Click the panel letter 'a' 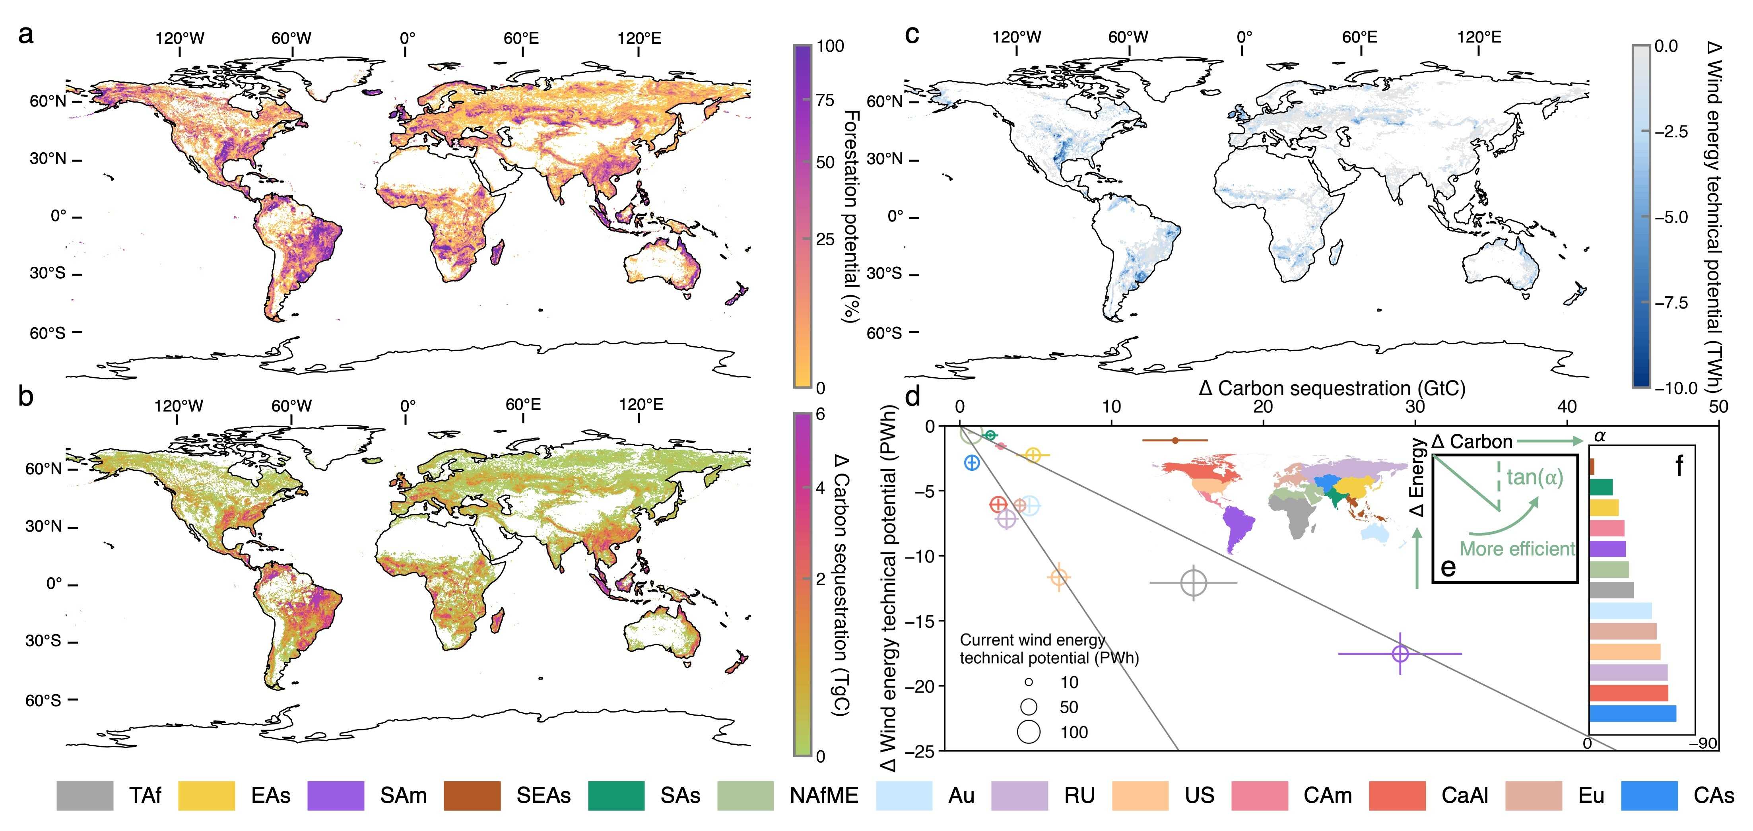coord(26,34)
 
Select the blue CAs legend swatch coord(1650,796)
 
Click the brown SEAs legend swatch coord(472,796)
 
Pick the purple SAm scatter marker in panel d coord(1400,653)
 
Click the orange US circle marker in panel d coord(1058,577)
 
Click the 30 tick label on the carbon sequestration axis coord(1415,407)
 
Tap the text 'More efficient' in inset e coord(1517,549)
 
